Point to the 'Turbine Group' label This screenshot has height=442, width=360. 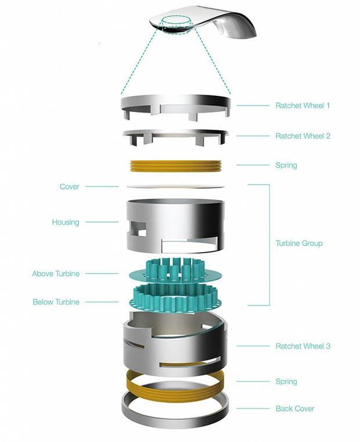(x=299, y=243)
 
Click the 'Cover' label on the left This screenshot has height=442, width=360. (x=69, y=187)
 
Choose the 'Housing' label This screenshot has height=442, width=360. (x=65, y=222)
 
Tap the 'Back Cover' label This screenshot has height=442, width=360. (x=295, y=409)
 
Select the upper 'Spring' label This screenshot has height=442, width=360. (x=286, y=166)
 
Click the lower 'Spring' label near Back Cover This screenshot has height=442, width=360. (x=286, y=382)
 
